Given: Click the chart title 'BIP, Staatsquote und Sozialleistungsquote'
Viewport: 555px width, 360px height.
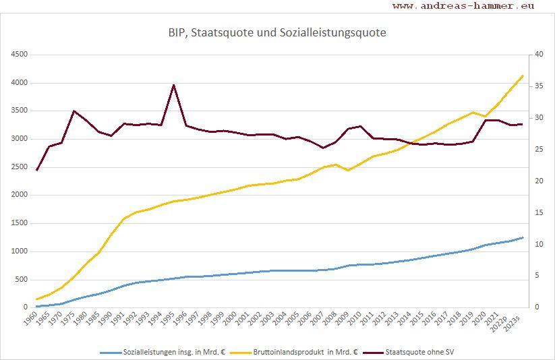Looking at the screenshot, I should [x=277, y=32].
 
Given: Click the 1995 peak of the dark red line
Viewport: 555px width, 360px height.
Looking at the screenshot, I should [x=173, y=85].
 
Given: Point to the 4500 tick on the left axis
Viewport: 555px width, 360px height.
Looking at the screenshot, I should [x=19, y=55].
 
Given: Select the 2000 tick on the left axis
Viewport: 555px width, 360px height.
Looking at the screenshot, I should [x=19, y=195].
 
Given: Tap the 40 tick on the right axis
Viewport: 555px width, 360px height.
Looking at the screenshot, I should [x=537, y=55].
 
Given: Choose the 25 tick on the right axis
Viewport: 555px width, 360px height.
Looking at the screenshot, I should [x=537, y=150].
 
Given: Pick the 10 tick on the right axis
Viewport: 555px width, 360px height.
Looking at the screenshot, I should [x=537, y=244].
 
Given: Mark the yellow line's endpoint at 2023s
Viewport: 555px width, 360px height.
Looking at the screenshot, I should [x=523, y=76].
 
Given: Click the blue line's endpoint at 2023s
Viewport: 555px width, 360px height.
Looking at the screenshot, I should [x=523, y=237].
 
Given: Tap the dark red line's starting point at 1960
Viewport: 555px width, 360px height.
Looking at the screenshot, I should [x=36, y=170].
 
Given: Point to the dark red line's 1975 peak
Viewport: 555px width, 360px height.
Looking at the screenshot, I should [x=74, y=111].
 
